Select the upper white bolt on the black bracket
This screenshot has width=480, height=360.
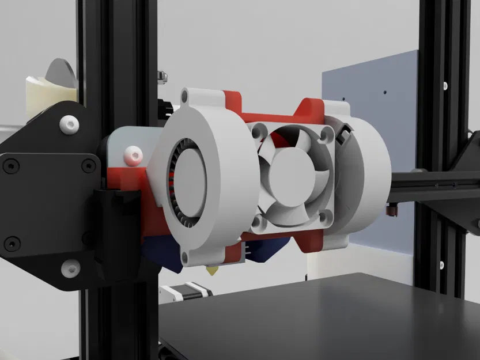pos(70,123)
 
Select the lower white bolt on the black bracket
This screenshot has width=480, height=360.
pos(70,266)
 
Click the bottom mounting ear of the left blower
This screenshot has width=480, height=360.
pos(185,256)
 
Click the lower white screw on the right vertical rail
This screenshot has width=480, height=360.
pos(442,266)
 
